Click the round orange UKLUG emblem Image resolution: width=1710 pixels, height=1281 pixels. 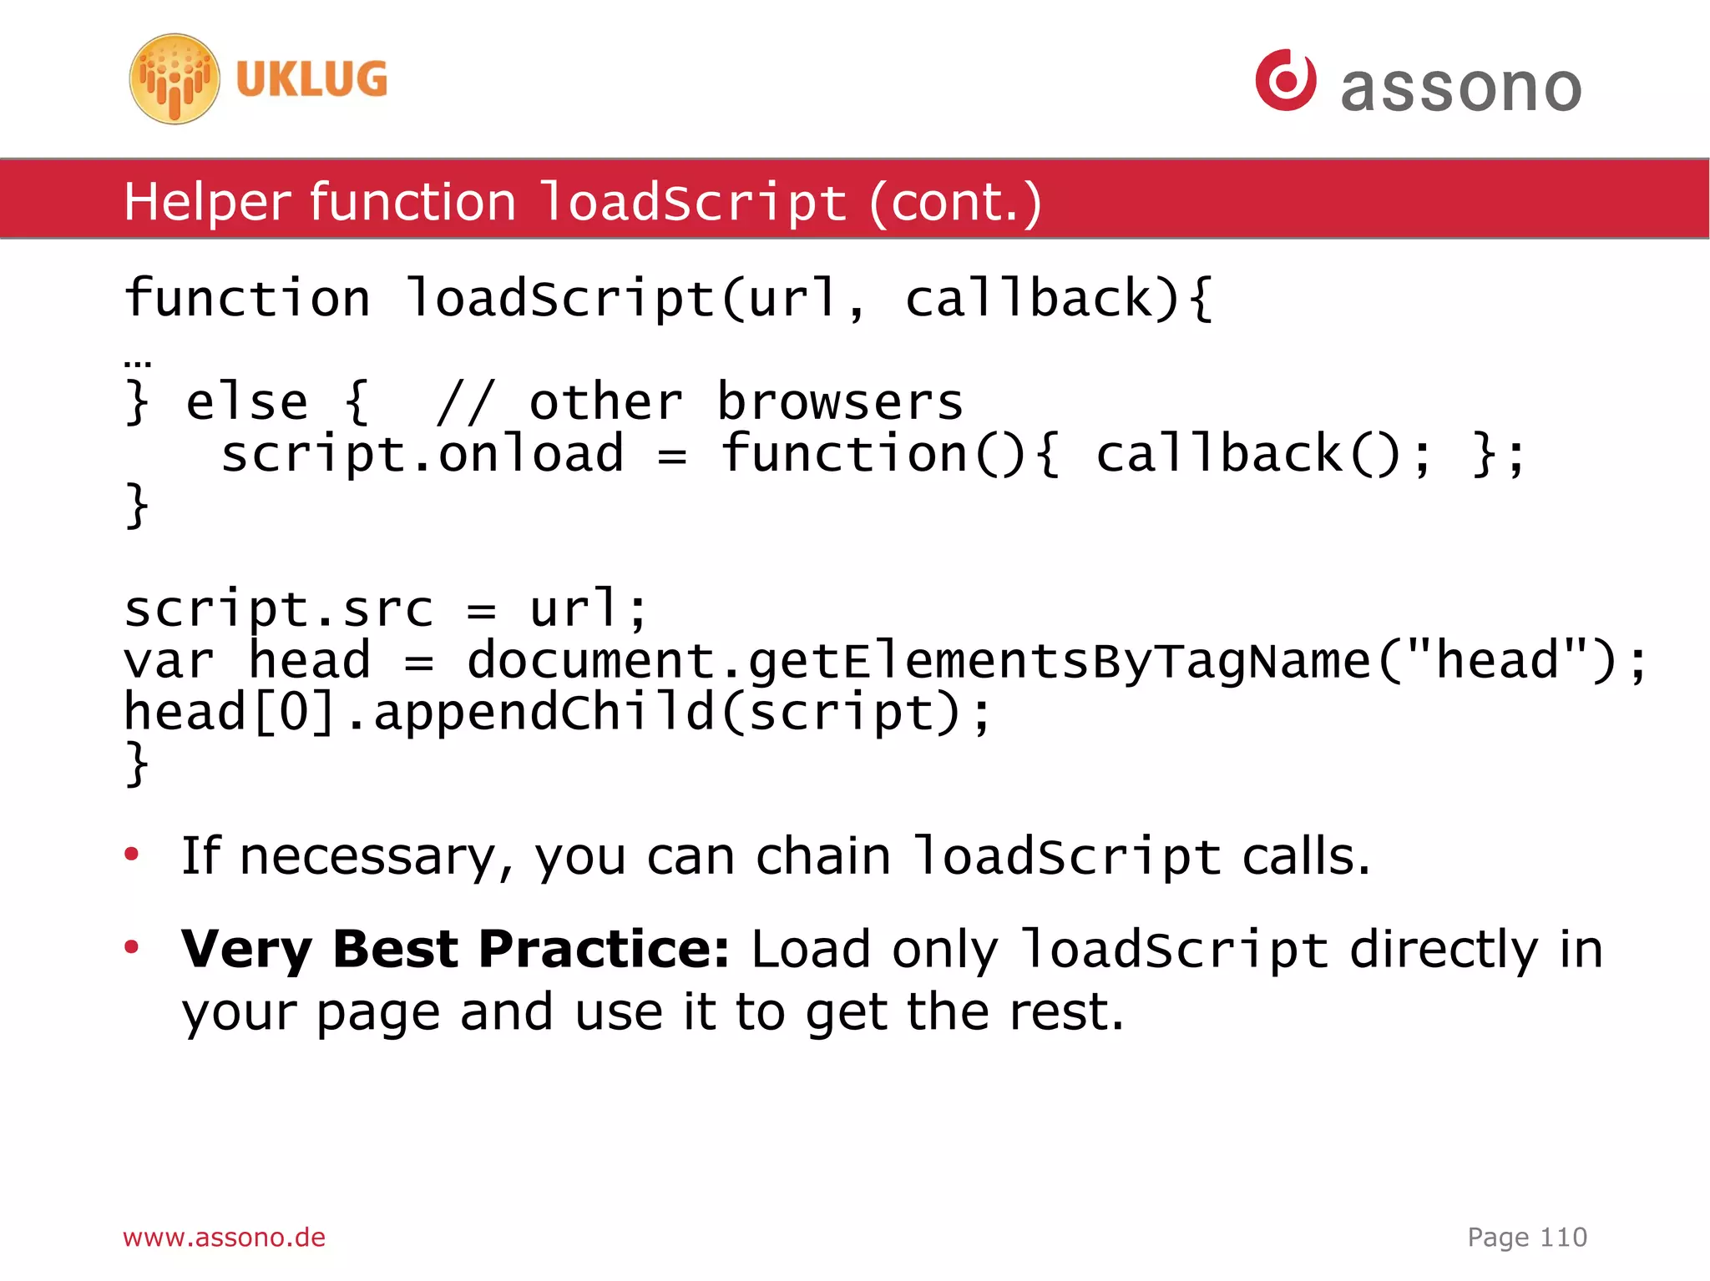coord(175,79)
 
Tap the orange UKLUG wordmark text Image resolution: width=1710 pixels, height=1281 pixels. coord(311,79)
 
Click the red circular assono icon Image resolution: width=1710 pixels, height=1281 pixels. coord(1285,80)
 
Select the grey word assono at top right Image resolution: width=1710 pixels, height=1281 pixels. coord(1460,88)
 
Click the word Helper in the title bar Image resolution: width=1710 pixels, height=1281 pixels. coord(208,203)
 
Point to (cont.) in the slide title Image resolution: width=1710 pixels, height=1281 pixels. coord(955,203)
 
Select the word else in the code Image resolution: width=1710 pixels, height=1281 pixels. coord(247,402)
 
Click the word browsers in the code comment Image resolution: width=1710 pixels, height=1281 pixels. coord(840,402)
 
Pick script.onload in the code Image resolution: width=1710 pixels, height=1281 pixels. coord(422,455)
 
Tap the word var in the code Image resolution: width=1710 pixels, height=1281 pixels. coord(169,661)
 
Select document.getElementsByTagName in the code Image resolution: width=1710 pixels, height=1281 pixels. coord(918,661)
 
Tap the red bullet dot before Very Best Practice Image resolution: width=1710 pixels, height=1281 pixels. coord(132,946)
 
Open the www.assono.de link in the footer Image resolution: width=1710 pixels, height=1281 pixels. coord(225,1237)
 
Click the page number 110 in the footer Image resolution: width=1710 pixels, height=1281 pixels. coord(1563,1237)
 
